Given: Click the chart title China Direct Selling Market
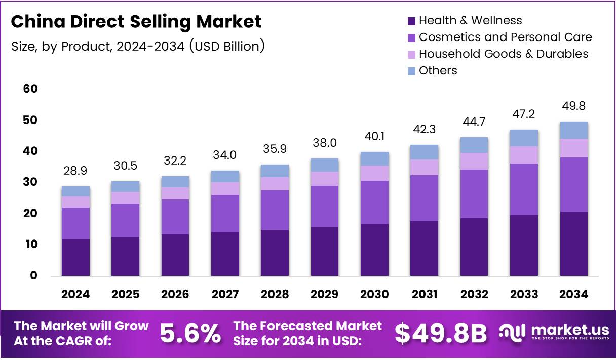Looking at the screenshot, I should click(136, 22).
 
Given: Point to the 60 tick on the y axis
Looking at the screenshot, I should click(30, 89).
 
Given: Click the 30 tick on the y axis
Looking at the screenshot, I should click(30, 182).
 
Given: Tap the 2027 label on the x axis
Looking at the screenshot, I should click(225, 295).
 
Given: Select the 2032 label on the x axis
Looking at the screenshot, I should click(474, 295).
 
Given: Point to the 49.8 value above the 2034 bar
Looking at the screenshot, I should click(573, 107).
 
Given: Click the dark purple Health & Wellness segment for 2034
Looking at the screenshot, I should click(573, 244).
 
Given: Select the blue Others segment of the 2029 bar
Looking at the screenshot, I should click(325, 165).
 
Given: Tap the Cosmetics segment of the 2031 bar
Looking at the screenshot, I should click(425, 198).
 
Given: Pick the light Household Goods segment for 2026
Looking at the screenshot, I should click(175, 193).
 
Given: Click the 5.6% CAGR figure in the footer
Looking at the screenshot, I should click(190, 333).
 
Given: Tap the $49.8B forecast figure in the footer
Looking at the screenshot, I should click(440, 333).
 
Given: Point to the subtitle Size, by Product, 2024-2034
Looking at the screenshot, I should click(138, 46).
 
